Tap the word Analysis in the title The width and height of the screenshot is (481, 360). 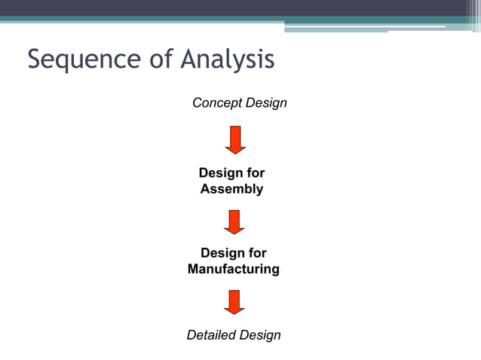pos(226,59)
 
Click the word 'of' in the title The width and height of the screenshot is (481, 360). pos(161,59)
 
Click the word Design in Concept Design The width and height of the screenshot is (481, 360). pos(266,102)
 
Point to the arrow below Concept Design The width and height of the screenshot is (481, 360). pos(235,140)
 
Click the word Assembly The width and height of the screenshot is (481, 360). pos(232,189)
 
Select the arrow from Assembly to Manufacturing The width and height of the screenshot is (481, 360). pos(235,221)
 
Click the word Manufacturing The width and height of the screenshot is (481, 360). pos(233,269)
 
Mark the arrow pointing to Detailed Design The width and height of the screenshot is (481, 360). pos(235,301)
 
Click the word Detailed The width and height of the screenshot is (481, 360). pos(210,335)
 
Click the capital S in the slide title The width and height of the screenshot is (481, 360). pos(36,59)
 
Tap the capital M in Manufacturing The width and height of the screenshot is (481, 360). pos(194,269)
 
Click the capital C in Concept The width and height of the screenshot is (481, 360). pos(198,102)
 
